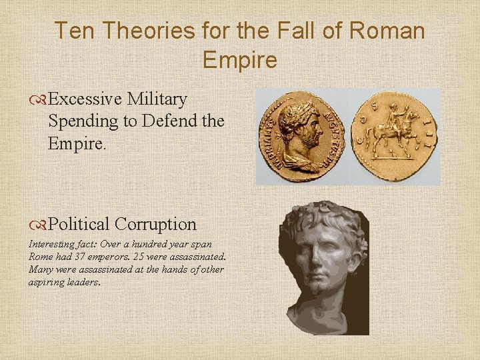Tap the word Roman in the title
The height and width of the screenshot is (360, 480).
(x=387, y=31)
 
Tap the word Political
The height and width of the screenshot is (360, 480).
(x=80, y=224)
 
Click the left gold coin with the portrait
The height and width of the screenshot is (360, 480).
(x=303, y=137)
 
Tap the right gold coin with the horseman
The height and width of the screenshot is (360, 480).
(x=397, y=136)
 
